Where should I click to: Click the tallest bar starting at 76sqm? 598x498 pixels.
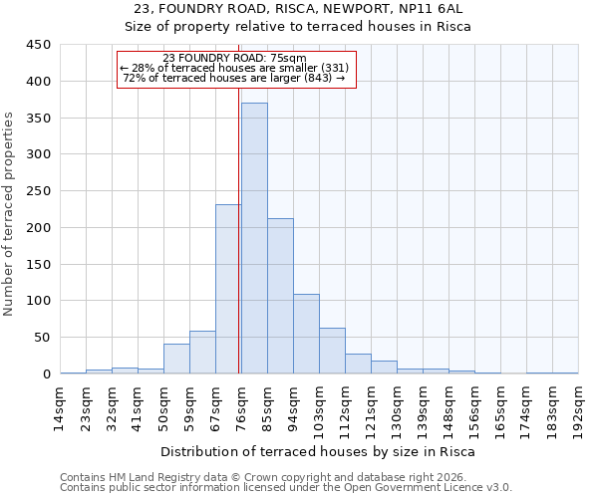[x=254, y=239]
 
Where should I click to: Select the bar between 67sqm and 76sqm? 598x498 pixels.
[x=228, y=289]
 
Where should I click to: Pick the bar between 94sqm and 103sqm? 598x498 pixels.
[x=306, y=334]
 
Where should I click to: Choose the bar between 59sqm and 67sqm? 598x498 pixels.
[x=202, y=353]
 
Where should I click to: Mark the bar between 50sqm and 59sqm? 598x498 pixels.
[x=176, y=359]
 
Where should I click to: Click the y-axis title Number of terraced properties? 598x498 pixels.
[x=9, y=214]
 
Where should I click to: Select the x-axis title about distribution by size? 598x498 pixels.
[x=318, y=451]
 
